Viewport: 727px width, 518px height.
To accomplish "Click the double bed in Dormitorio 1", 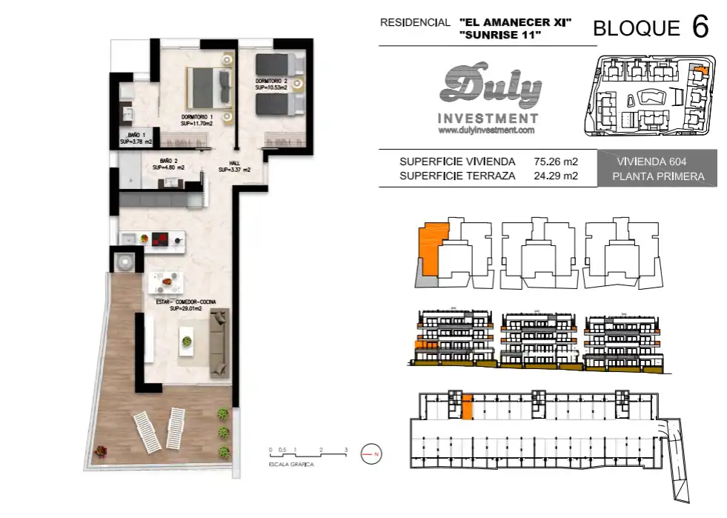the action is tap(209, 86).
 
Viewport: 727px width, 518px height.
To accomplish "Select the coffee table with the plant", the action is tap(187, 341).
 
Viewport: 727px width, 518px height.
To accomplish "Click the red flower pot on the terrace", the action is tap(100, 451).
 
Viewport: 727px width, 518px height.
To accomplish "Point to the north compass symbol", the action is tap(371, 454).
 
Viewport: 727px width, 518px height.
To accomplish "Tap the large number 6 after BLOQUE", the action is tap(700, 27).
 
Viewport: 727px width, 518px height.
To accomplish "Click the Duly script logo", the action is tap(490, 86).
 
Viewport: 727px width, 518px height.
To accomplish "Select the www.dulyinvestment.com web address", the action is tap(486, 130).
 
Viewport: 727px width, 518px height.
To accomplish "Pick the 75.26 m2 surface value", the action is tap(556, 162).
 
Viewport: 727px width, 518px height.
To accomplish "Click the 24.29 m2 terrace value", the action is tap(556, 176).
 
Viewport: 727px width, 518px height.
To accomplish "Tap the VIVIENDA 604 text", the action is tap(651, 162).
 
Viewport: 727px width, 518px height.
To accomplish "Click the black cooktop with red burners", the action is tap(160, 239).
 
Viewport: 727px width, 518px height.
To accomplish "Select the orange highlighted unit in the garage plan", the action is tap(468, 407).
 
